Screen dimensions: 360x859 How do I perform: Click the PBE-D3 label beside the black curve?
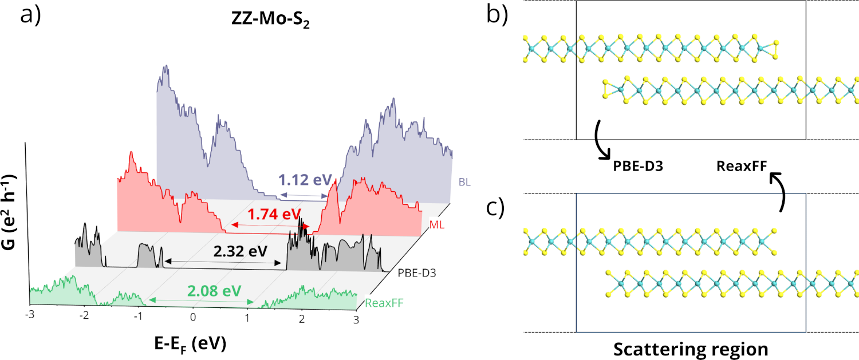[416, 273]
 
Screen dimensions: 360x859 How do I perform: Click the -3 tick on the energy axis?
[30, 316]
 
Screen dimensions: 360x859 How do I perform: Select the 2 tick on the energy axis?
[301, 318]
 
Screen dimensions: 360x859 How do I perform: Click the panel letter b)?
[496, 16]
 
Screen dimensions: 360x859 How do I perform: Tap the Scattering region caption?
[691, 348]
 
